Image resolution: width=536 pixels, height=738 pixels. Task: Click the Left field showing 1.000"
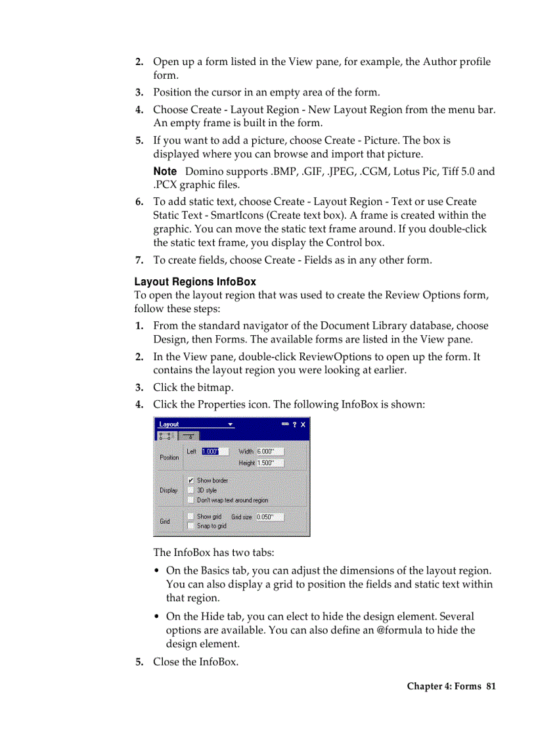214,451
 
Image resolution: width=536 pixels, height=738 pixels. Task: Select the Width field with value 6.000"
269,451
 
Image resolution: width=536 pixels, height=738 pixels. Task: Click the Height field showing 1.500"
269,463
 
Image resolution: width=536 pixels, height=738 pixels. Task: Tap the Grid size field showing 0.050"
269,517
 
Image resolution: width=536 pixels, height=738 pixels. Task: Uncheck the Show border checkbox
190,480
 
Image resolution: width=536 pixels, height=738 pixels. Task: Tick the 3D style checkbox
190,490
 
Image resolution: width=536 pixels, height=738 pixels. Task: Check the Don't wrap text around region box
190,500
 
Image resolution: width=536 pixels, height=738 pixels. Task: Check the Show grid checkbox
190,517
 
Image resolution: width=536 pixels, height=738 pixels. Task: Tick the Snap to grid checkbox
190,526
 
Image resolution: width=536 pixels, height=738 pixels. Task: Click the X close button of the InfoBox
303,425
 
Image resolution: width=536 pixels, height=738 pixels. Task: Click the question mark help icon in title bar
294,425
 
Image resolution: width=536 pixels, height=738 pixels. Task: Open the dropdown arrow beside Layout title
231,425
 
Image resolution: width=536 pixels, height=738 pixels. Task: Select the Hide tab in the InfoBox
189,436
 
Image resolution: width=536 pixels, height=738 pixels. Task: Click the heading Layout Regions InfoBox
195,282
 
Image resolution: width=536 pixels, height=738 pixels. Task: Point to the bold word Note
165,171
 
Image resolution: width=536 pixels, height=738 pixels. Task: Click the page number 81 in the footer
491,686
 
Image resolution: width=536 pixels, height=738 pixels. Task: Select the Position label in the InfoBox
169,457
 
